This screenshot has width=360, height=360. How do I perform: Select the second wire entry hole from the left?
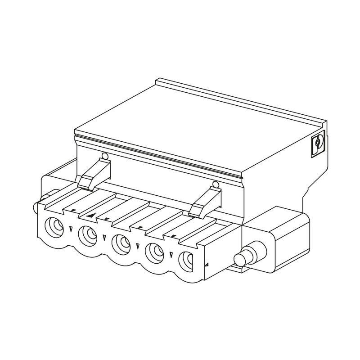(x=87, y=234)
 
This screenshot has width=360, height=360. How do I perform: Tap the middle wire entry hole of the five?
(x=120, y=243)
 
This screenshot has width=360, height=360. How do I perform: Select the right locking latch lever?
(x=205, y=201)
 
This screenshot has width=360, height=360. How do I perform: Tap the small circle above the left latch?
(x=105, y=156)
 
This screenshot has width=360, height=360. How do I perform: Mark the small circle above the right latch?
(x=216, y=184)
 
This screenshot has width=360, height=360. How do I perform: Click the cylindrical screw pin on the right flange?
(x=244, y=258)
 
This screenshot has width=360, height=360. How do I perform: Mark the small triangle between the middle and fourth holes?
(x=137, y=247)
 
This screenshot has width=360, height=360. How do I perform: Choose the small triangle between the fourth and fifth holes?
(x=171, y=255)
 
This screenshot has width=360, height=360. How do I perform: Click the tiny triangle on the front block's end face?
(x=206, y=266)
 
